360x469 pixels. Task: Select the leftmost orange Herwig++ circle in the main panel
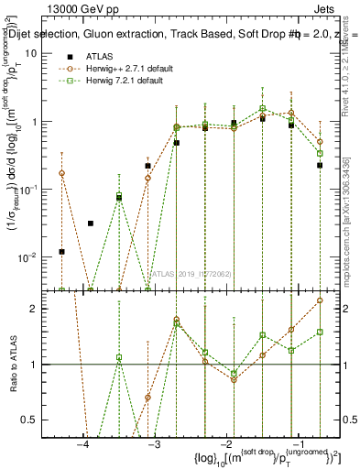coord(62,173)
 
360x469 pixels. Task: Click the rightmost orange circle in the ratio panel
coord(320,300)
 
